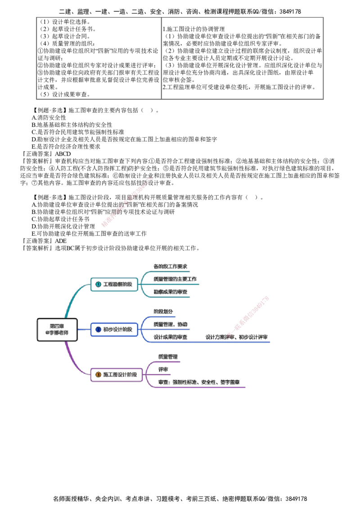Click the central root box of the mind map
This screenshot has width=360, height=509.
[x=57, y=330]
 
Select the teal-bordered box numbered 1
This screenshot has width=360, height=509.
[x=114, y=284]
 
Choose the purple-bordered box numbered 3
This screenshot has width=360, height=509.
[x=116, y=375]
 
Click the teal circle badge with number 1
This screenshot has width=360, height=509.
[x=99, y=284]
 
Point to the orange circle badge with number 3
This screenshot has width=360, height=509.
[x=99, y=375]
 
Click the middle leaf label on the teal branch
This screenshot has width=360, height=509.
[x=175, y=279]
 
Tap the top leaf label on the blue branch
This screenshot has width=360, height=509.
[x=163, y=312]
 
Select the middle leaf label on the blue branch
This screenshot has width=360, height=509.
[x=171, y=324]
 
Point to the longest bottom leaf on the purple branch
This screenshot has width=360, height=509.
[x=200, y=382]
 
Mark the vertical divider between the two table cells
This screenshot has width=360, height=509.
[x=161, y=57]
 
